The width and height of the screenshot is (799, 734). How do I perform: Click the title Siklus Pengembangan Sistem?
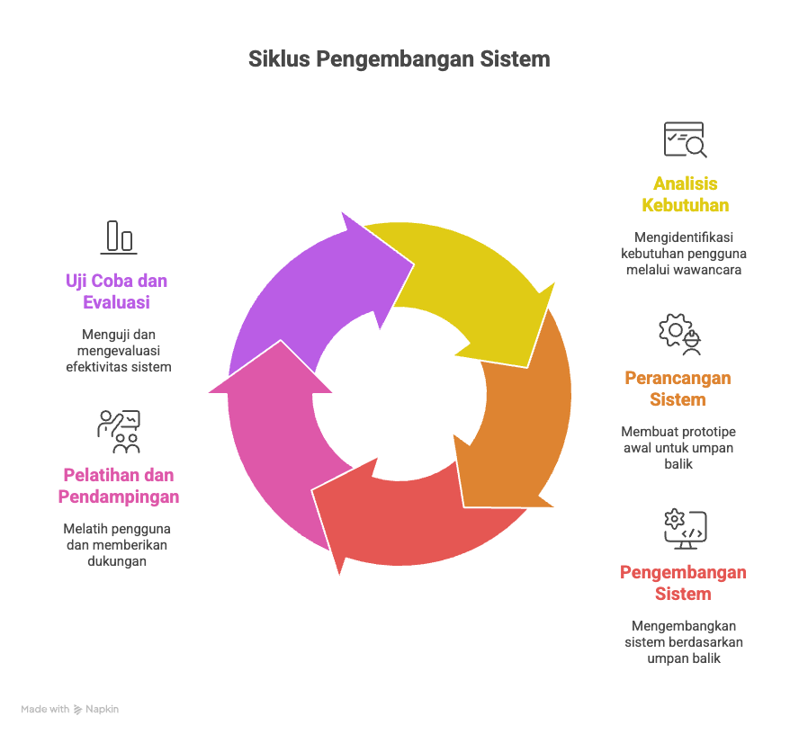point(399,60)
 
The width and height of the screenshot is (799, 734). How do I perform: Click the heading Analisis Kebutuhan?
point(685,194)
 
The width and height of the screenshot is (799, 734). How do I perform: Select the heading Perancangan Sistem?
point(678,389)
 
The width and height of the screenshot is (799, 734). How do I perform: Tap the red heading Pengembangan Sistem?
point(683,583)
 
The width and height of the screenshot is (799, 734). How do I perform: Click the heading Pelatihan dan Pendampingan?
point(119,486)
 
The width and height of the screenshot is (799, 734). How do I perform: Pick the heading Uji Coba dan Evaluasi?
point(117,291)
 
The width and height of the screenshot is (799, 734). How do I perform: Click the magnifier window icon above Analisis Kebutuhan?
point(685,140)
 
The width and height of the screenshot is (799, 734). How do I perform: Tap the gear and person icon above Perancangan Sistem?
point(679,334)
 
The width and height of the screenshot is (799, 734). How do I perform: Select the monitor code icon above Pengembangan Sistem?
point(685,528)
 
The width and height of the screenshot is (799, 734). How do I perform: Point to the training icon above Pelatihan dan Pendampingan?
point(119,431)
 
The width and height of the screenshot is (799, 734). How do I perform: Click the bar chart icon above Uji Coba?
point(119,237)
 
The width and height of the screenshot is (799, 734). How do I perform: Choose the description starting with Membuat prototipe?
point(678,447)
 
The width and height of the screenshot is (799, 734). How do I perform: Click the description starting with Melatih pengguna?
point(116,544)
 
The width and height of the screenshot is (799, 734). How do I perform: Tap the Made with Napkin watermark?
point(70,709)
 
